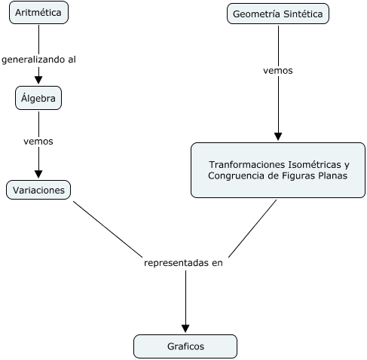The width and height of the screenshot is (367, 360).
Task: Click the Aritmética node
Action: (x=38, y=13)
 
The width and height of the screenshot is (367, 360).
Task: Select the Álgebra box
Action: (x=38, y=98)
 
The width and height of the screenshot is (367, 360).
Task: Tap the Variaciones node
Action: (x=38, y=190)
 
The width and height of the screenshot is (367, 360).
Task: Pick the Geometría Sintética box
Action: (x=278, y=14)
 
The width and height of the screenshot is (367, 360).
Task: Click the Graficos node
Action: (x=185, y=346)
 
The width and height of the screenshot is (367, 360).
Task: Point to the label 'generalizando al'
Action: (x=38, y=59)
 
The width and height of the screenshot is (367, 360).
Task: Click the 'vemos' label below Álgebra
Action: (x=38, y=142)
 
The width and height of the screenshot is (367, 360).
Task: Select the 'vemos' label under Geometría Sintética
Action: (x=278, y=71)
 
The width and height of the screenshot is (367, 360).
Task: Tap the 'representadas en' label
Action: (x=183, y=263)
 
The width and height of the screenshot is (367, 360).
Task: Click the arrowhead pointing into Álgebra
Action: (x=38, y=80)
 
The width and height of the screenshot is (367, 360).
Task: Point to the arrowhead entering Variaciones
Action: (x=38, y=174)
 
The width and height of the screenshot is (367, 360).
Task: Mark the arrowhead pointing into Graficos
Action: (x=185, y=328)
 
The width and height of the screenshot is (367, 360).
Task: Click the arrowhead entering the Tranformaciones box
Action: (x=278, y=136)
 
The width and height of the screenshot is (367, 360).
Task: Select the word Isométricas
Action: (x=314, y=165)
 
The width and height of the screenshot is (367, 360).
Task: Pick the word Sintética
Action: (x=303, y=14)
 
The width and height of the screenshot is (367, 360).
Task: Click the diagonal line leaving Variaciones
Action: (x=108, y=229)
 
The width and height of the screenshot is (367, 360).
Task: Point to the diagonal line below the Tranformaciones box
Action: (x=252, y=228)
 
